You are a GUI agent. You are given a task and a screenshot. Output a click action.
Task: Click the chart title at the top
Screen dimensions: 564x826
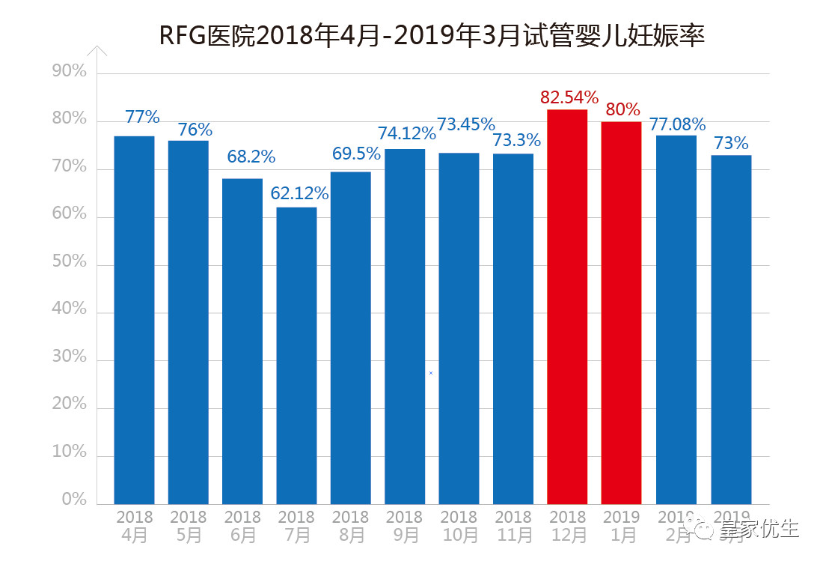pyautogui.click(x=432, y=35)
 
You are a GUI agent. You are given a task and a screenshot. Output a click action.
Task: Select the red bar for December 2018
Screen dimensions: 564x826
pyautogui.click(x=567, y=307)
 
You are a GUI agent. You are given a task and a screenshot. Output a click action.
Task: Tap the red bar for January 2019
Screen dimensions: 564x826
pyautogui.click(x=621, y=313)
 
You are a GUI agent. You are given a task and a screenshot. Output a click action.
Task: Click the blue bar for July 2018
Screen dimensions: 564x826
pyautogui.click(x=296, y=356)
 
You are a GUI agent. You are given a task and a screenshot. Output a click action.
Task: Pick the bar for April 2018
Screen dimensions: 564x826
pyautogui.click(x=134, y=320)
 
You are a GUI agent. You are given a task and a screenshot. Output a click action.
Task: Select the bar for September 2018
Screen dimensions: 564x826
pyautogui.click(x=405, y=327)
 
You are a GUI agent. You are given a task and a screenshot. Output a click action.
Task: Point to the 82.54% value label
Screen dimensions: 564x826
pyautogui.click(x=569, y=97)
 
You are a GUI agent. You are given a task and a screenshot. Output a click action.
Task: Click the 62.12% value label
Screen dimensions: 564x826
pyautogui.click(x=299, y=194)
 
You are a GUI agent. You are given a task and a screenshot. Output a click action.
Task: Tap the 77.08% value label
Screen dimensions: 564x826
pyautogui.click(x=677, y=124)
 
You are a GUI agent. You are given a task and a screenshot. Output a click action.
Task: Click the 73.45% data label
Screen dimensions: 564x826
pyautogui.click(x=466, y=124)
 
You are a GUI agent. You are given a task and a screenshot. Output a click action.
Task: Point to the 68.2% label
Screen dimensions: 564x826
pyautogui.click(x=251, y=157)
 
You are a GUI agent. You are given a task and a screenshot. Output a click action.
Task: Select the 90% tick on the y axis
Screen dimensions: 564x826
pyautogui.click(x=70, y=72)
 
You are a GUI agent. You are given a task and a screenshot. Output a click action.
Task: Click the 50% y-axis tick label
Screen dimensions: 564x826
pyautogui.click(x=70, y=263)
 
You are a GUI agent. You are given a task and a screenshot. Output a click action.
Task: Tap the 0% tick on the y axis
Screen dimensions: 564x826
pyautogui.click(x=74, y=500)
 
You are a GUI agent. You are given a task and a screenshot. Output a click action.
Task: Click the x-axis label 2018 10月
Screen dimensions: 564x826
pyautogui.click(x=459, y=527)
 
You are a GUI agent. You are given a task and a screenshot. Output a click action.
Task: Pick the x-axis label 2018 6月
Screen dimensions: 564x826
pyautogui.click(x=242, y=527)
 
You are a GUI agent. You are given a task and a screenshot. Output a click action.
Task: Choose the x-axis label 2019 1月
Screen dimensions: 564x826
pyautogui.click(x=622, y=527)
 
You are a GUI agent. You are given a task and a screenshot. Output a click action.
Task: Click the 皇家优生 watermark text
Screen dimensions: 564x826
pyautogui.click(x=759, y=530)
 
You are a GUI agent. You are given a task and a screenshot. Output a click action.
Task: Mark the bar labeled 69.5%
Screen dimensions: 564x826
pyautogui.click(x=350, y=338)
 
